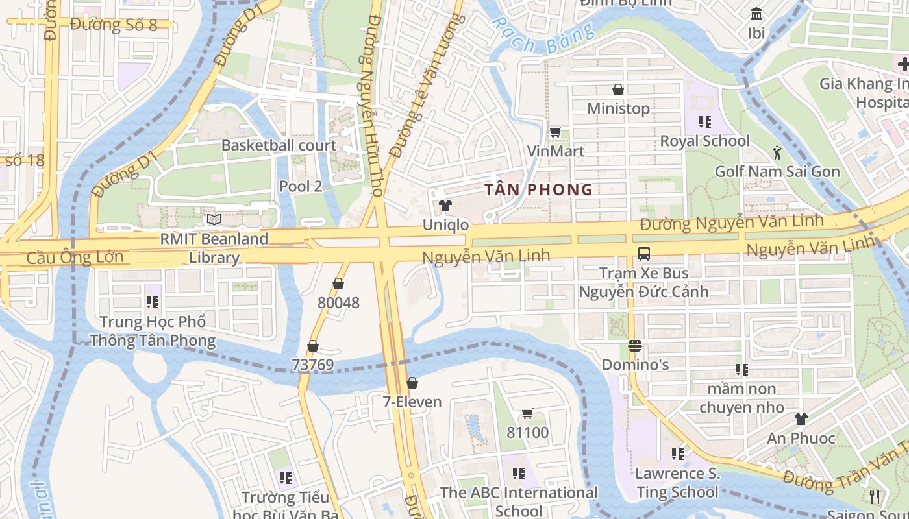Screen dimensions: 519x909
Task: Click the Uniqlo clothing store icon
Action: tap(445, 206)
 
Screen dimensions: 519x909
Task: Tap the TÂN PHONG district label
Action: tap(539, 189)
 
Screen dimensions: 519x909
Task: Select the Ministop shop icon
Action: tap(618, 90)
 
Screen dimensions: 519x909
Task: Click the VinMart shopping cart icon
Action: tap(555, 132)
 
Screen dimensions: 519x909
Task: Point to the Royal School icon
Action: tap(704, 122)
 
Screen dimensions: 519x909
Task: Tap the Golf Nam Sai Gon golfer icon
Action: tap(777, 152)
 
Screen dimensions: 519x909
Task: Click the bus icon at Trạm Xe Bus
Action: tap(643, 254)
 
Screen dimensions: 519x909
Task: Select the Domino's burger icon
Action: tap(635, 346)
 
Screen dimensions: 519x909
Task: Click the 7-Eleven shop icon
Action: tap(412, 383)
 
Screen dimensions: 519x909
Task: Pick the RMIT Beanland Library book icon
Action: tap(214, 220)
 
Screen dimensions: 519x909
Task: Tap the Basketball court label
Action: tap(279, 145)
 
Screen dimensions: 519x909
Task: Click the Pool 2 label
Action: tap(301, 186)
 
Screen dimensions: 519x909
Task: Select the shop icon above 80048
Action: tap(338, 284)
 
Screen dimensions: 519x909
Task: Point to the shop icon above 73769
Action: tap(312, 346)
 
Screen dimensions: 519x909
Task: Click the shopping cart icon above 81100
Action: tap(527, 414)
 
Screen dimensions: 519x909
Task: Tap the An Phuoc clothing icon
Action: tap(801, 419)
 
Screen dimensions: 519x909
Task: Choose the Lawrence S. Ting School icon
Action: tap(678, 454)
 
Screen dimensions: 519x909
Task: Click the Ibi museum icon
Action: tap(756, 14)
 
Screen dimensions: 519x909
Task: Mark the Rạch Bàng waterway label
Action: tap(542, 37)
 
